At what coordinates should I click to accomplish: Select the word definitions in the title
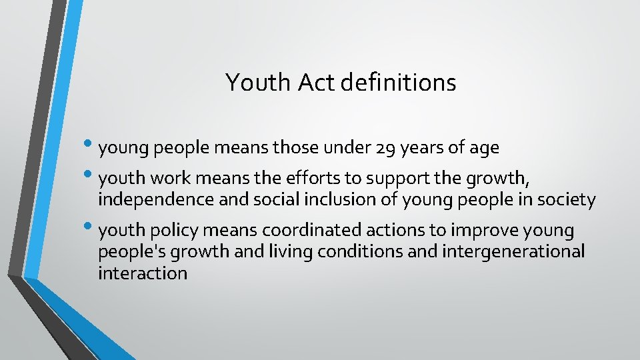pos(398,83)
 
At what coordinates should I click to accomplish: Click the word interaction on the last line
pos(143,273)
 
